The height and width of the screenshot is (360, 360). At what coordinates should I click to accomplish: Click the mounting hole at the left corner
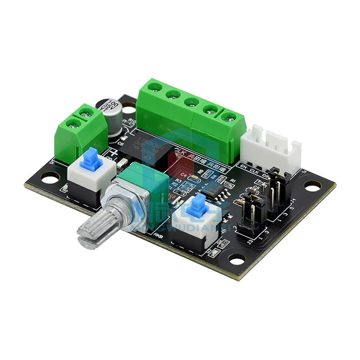51,177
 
